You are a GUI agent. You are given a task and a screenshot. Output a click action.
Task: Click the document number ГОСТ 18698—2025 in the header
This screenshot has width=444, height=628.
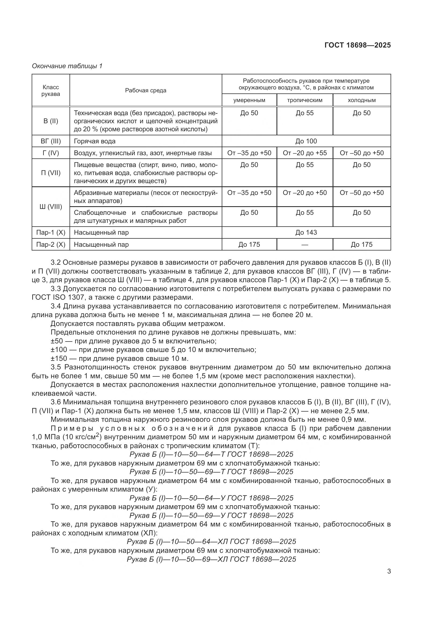tap(357, 45)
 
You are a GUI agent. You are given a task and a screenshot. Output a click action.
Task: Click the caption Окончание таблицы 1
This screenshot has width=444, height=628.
tap(67, 66)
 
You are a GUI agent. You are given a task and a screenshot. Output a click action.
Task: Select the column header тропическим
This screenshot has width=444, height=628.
tap(305, 100)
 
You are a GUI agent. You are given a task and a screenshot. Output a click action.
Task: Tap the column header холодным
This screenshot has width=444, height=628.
tap(361, 100)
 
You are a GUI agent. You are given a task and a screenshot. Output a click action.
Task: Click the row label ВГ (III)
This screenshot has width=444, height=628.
tap(50, 141)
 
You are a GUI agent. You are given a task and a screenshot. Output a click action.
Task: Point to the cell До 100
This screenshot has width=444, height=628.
tap(306, 141)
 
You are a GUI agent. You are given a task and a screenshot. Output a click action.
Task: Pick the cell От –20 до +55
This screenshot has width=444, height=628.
tap(305, 153)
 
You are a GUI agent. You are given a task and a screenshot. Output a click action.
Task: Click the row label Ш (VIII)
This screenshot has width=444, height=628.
tap(50, 207)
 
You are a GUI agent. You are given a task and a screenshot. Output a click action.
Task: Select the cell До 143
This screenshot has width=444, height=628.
tap(306, 233)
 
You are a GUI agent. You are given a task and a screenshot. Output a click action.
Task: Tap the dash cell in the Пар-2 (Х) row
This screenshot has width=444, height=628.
tap(305, 245)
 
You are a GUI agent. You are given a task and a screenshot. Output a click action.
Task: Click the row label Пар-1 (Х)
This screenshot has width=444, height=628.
tap(50, 233)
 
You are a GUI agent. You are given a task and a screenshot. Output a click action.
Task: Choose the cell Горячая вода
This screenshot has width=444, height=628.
tap(94, 141)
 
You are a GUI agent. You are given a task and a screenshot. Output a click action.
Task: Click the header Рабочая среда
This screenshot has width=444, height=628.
tap(145, 90)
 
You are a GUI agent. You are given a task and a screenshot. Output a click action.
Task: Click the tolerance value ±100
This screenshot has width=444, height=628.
tap(59, 350)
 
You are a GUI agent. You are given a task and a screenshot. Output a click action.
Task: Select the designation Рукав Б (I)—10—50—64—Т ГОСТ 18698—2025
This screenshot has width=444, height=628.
tap(211, 454)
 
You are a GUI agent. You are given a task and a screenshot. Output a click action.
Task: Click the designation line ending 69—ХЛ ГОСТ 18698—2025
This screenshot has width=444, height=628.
tap(211, 559)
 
